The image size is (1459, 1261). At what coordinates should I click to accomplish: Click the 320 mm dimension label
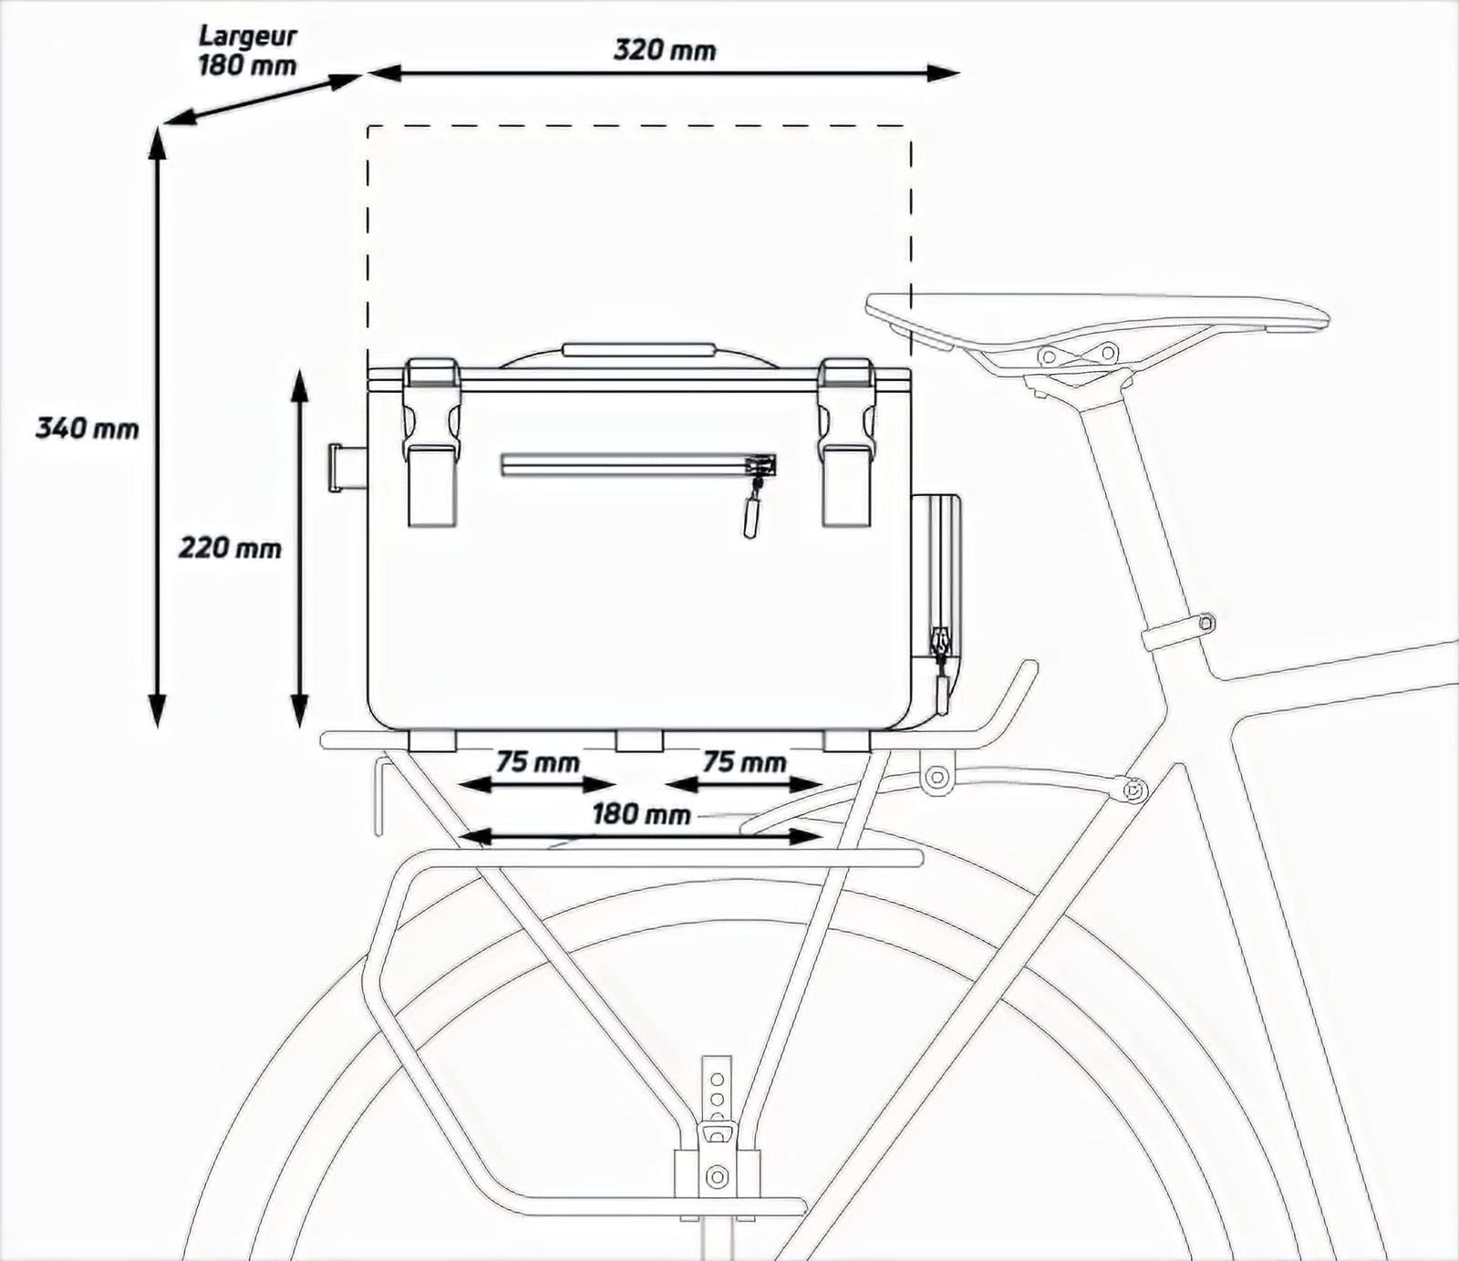pyautogui.click(x=664, y=50)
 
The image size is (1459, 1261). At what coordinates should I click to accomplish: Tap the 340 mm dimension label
pyautogui.click(x=88, y=427)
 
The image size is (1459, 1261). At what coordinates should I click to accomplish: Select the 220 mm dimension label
pyautogui.click(x=230, y=548)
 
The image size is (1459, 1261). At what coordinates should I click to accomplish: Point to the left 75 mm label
pyautogui.click(x=538, y=761)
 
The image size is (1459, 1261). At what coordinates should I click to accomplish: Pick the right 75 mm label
pyautogui.click(x=744, y=761)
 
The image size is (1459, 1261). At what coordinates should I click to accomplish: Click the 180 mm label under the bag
pyautogui.click(x=641, y=813)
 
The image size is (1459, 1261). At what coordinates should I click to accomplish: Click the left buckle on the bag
pyautogui.click(x=431, y=442)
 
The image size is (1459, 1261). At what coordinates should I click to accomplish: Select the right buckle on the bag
pyautogui.click(x=846, y=442)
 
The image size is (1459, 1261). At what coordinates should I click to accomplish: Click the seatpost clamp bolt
pyautogui.click(x=1205, y=623)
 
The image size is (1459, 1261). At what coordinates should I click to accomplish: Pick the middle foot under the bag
pyautogui.click(x=639, y=740)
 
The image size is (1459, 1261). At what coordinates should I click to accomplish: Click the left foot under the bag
pyautogui.click(x=432, y=740)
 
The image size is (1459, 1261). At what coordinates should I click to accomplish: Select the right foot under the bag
pyautogui.click(x=847, y=740)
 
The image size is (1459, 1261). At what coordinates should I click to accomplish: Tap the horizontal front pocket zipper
pyautogui.click(x=638, y=466)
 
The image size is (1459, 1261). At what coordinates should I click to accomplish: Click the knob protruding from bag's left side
pyautogui.click(x=347, y=468)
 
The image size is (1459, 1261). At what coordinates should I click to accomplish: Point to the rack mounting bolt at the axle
pyautogui.click(x=718, y=1173)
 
